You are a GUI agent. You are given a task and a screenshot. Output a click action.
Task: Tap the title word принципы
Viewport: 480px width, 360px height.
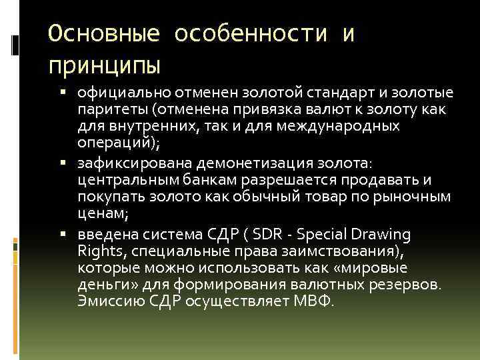coord(105,65)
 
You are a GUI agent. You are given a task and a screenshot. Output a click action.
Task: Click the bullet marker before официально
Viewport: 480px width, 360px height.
coord(69,91)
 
